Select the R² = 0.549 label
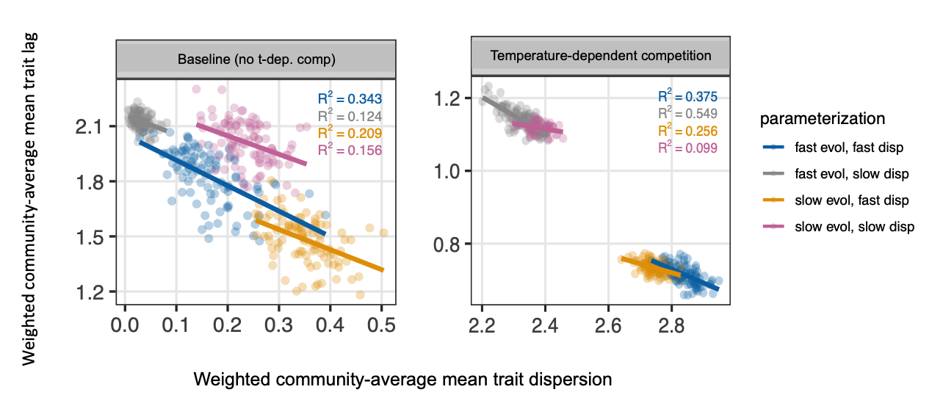[x=687, y=114]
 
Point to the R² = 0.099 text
[x=687, y=148]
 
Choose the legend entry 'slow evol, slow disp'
[x=854, y=227]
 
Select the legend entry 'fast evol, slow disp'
[x=850, y=174]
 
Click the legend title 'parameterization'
[x=823, y=118]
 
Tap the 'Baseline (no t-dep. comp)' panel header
[x=256, y=59]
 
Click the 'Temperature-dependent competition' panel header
[x=600, y=55]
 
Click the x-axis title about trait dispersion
[x=402, y=380]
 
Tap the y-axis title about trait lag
[x=29, y=198]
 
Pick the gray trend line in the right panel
[x=499, y=107]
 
